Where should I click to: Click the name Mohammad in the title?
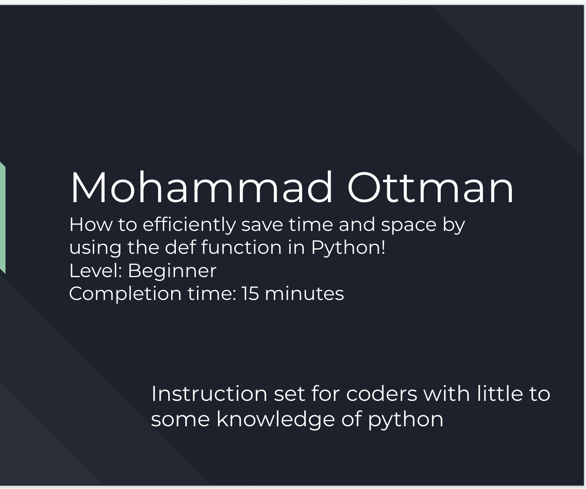tap(202, 187)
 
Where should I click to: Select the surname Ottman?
tap(430, 187)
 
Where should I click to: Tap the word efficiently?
tap(189, 225)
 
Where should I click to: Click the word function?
tap(241, 247)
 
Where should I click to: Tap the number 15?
tap(250, 293)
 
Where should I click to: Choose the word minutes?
tap(304, 293)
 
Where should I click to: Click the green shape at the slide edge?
tap(2, 217)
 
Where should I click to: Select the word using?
tap(95, 248)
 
